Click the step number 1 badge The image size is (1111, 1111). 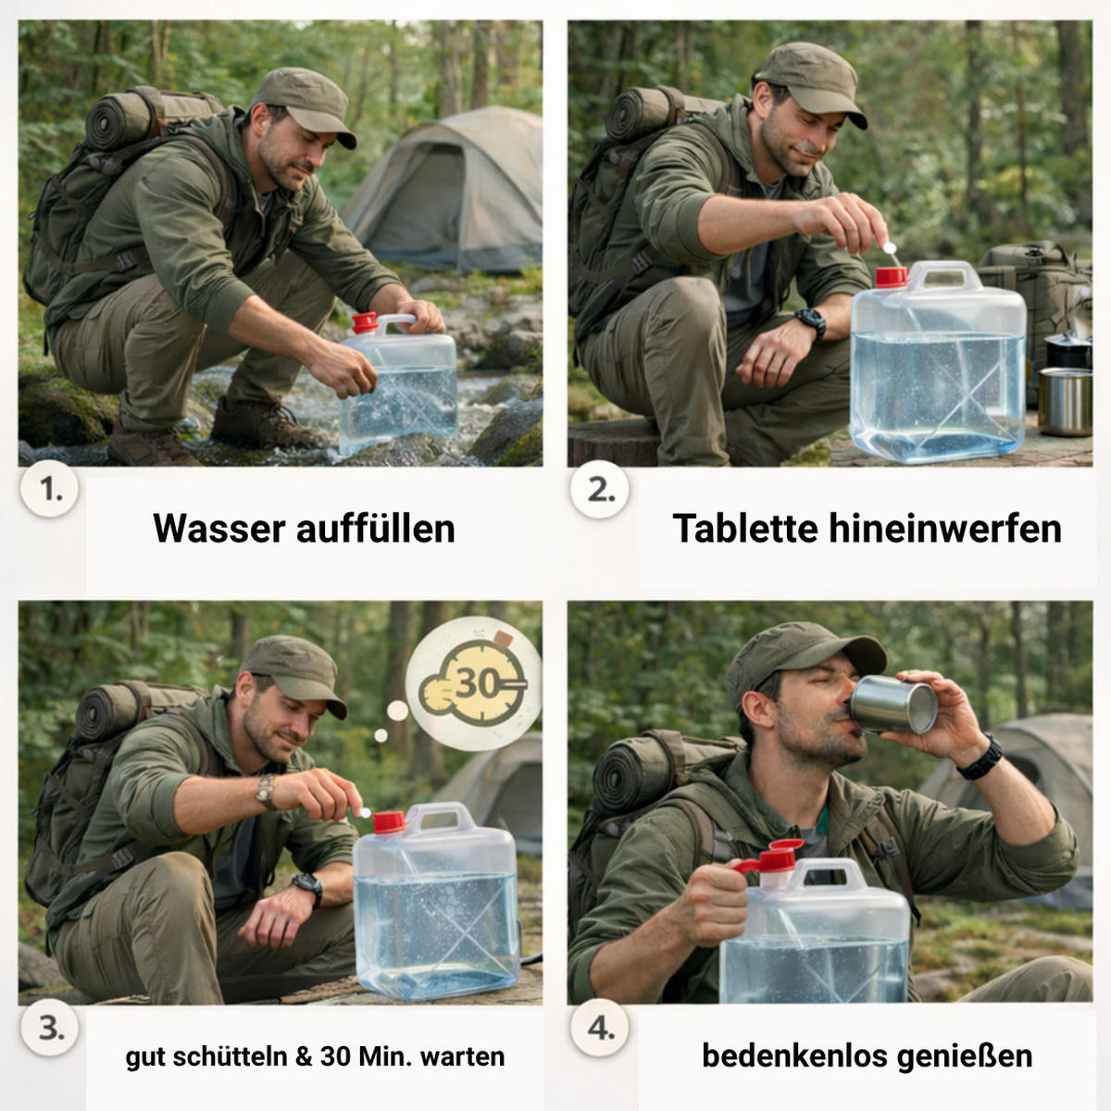[50, 491]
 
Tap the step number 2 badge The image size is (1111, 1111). [601, 491]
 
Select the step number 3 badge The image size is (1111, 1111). [50, 1029]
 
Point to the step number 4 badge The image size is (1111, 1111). [601, 1029]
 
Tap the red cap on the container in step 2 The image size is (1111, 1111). [891, 276]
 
